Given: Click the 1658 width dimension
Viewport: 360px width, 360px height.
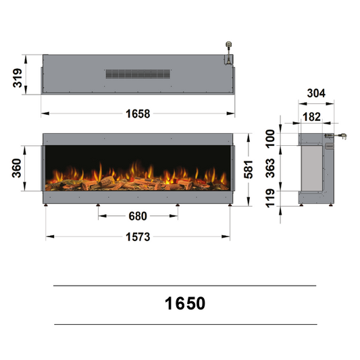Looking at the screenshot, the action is coord(138,113).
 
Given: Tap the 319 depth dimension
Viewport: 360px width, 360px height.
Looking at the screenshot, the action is coord(18,78).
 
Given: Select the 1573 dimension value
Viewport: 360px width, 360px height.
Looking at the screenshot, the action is coord(138,237).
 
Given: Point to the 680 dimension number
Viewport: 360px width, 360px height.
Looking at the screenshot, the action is coord(138,216).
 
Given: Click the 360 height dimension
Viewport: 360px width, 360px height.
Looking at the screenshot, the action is coord(16,168).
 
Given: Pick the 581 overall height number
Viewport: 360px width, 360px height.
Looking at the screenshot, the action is coord(249,170).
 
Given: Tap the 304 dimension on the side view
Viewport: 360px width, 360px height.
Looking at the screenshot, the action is coord(316,93).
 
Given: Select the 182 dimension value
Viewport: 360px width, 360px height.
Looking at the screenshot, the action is coord(311,117).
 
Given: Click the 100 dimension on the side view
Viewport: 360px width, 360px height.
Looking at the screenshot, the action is coord(270,138).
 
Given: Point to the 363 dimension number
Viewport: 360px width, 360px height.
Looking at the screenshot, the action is coord(270,168).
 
